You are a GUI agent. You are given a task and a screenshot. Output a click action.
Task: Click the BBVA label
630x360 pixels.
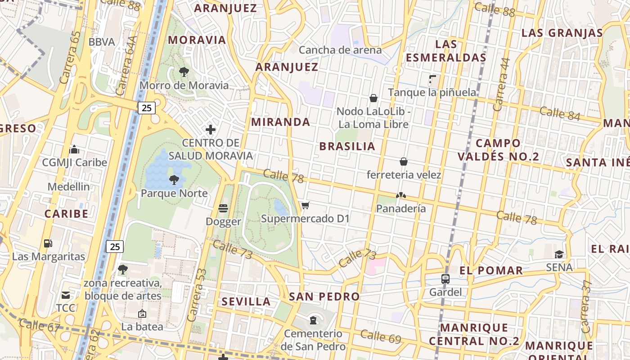102,42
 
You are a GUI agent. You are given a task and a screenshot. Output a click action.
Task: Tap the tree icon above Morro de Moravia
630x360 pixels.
184,72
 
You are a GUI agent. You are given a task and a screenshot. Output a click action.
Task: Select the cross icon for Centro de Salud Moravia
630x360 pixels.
210,130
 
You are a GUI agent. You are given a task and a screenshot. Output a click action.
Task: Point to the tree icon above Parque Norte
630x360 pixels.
174,180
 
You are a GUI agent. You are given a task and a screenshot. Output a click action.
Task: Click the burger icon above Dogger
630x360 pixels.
223,208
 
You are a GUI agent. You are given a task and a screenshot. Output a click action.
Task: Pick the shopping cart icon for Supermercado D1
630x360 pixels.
306,206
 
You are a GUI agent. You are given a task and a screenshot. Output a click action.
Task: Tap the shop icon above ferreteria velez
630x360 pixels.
404,162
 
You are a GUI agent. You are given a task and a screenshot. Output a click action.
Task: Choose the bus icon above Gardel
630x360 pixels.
445,279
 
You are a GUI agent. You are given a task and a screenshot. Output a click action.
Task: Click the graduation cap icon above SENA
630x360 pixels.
559,254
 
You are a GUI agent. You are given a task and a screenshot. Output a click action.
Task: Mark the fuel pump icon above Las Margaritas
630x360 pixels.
48,243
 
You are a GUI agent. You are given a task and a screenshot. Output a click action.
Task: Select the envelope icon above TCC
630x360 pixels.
66,295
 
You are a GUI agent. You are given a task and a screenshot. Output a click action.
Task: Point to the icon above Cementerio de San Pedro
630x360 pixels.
313,320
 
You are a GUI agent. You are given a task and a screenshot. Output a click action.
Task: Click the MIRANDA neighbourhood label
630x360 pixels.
281,122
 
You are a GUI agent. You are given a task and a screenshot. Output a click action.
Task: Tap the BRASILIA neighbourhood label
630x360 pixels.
347,146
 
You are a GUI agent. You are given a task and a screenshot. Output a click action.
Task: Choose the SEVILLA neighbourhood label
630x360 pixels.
246,301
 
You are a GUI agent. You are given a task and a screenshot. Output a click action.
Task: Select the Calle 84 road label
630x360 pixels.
560,113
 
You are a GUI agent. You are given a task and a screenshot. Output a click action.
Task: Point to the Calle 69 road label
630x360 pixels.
380,336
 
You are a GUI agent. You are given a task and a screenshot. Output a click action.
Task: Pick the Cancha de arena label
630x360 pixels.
340,50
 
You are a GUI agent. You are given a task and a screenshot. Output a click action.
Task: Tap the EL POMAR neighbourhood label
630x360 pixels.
491,270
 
